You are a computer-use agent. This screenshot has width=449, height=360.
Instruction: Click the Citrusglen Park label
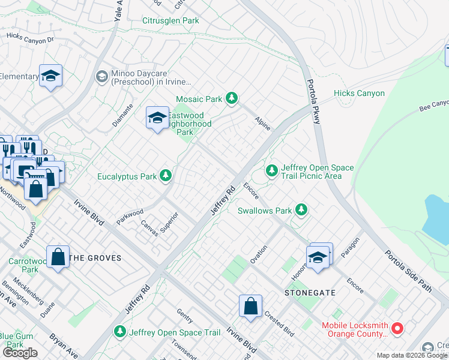(170, 20)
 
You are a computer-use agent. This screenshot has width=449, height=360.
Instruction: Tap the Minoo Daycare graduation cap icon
(101, 77)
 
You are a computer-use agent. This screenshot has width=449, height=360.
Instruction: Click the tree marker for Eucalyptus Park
(166, 176)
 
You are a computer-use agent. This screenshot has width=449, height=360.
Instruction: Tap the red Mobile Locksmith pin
(397, 329)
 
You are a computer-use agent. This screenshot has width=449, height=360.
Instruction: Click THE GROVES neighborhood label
(95, 258)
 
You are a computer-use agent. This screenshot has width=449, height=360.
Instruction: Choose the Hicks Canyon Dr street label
(30, 37)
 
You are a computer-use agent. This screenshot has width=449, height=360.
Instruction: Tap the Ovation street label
(258, 254)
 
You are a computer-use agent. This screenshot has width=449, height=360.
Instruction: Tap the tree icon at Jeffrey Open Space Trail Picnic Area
(272, 172)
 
